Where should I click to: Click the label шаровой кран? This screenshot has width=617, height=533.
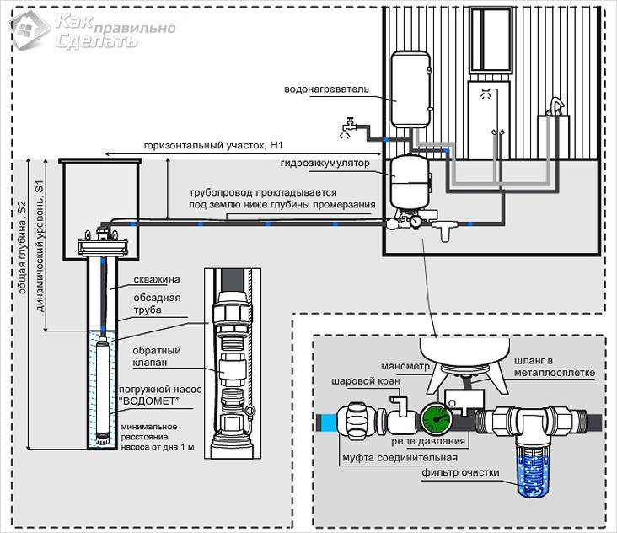(359, 381)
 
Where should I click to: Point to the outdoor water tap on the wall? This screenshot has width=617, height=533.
(345, 126)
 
